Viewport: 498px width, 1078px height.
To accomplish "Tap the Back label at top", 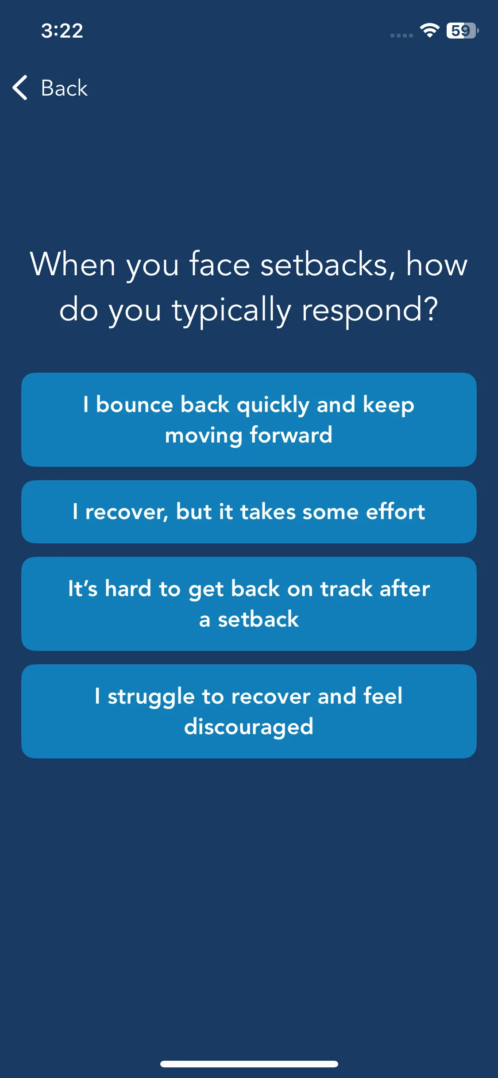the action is pos(64,88).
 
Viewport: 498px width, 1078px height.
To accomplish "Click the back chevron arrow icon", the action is pos(20,88).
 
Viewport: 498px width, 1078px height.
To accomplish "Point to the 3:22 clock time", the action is pos(62,31).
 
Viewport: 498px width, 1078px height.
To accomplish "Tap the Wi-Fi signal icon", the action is pos(429,30).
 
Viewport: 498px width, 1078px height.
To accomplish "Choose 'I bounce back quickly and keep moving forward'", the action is pos(249,420).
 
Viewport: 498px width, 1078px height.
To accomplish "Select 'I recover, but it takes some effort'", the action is pos(249,512).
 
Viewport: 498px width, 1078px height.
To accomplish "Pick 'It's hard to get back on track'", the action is pos(249,604).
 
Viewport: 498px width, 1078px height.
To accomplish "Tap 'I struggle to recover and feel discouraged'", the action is pos(249,711).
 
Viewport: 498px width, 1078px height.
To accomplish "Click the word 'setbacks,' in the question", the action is pos(328,264).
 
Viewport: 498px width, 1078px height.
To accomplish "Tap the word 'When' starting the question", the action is pos(73,264).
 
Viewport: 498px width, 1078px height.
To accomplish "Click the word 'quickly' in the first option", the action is pos(273,405).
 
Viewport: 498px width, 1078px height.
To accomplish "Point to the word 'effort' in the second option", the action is pos(395,512).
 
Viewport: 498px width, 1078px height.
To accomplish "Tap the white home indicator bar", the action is pos(249,1064).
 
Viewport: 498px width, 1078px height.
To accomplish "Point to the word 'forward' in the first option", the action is pos(291,435).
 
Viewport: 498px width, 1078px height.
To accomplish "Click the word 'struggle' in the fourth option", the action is pos(151,697).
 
